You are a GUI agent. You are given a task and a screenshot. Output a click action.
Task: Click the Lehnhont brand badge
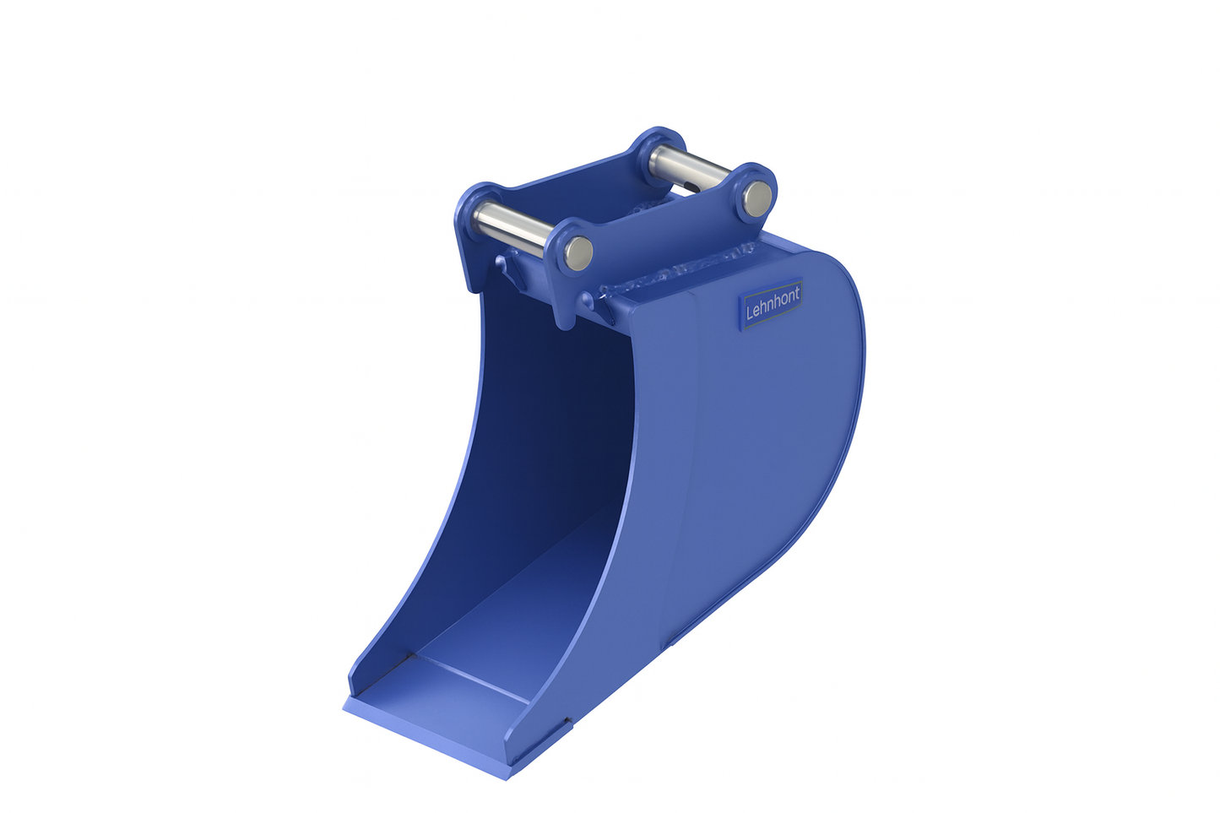click(771, 302)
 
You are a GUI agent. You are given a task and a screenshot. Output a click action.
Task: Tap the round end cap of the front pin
click(578, 252)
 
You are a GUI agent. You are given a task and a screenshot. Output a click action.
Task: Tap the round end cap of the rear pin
click(756, 198)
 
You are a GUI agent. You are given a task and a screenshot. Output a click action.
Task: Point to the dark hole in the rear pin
click(692, 187)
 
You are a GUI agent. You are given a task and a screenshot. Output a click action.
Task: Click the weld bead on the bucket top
click(675, 270)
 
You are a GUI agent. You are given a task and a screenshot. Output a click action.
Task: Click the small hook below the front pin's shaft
click(507, 268)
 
